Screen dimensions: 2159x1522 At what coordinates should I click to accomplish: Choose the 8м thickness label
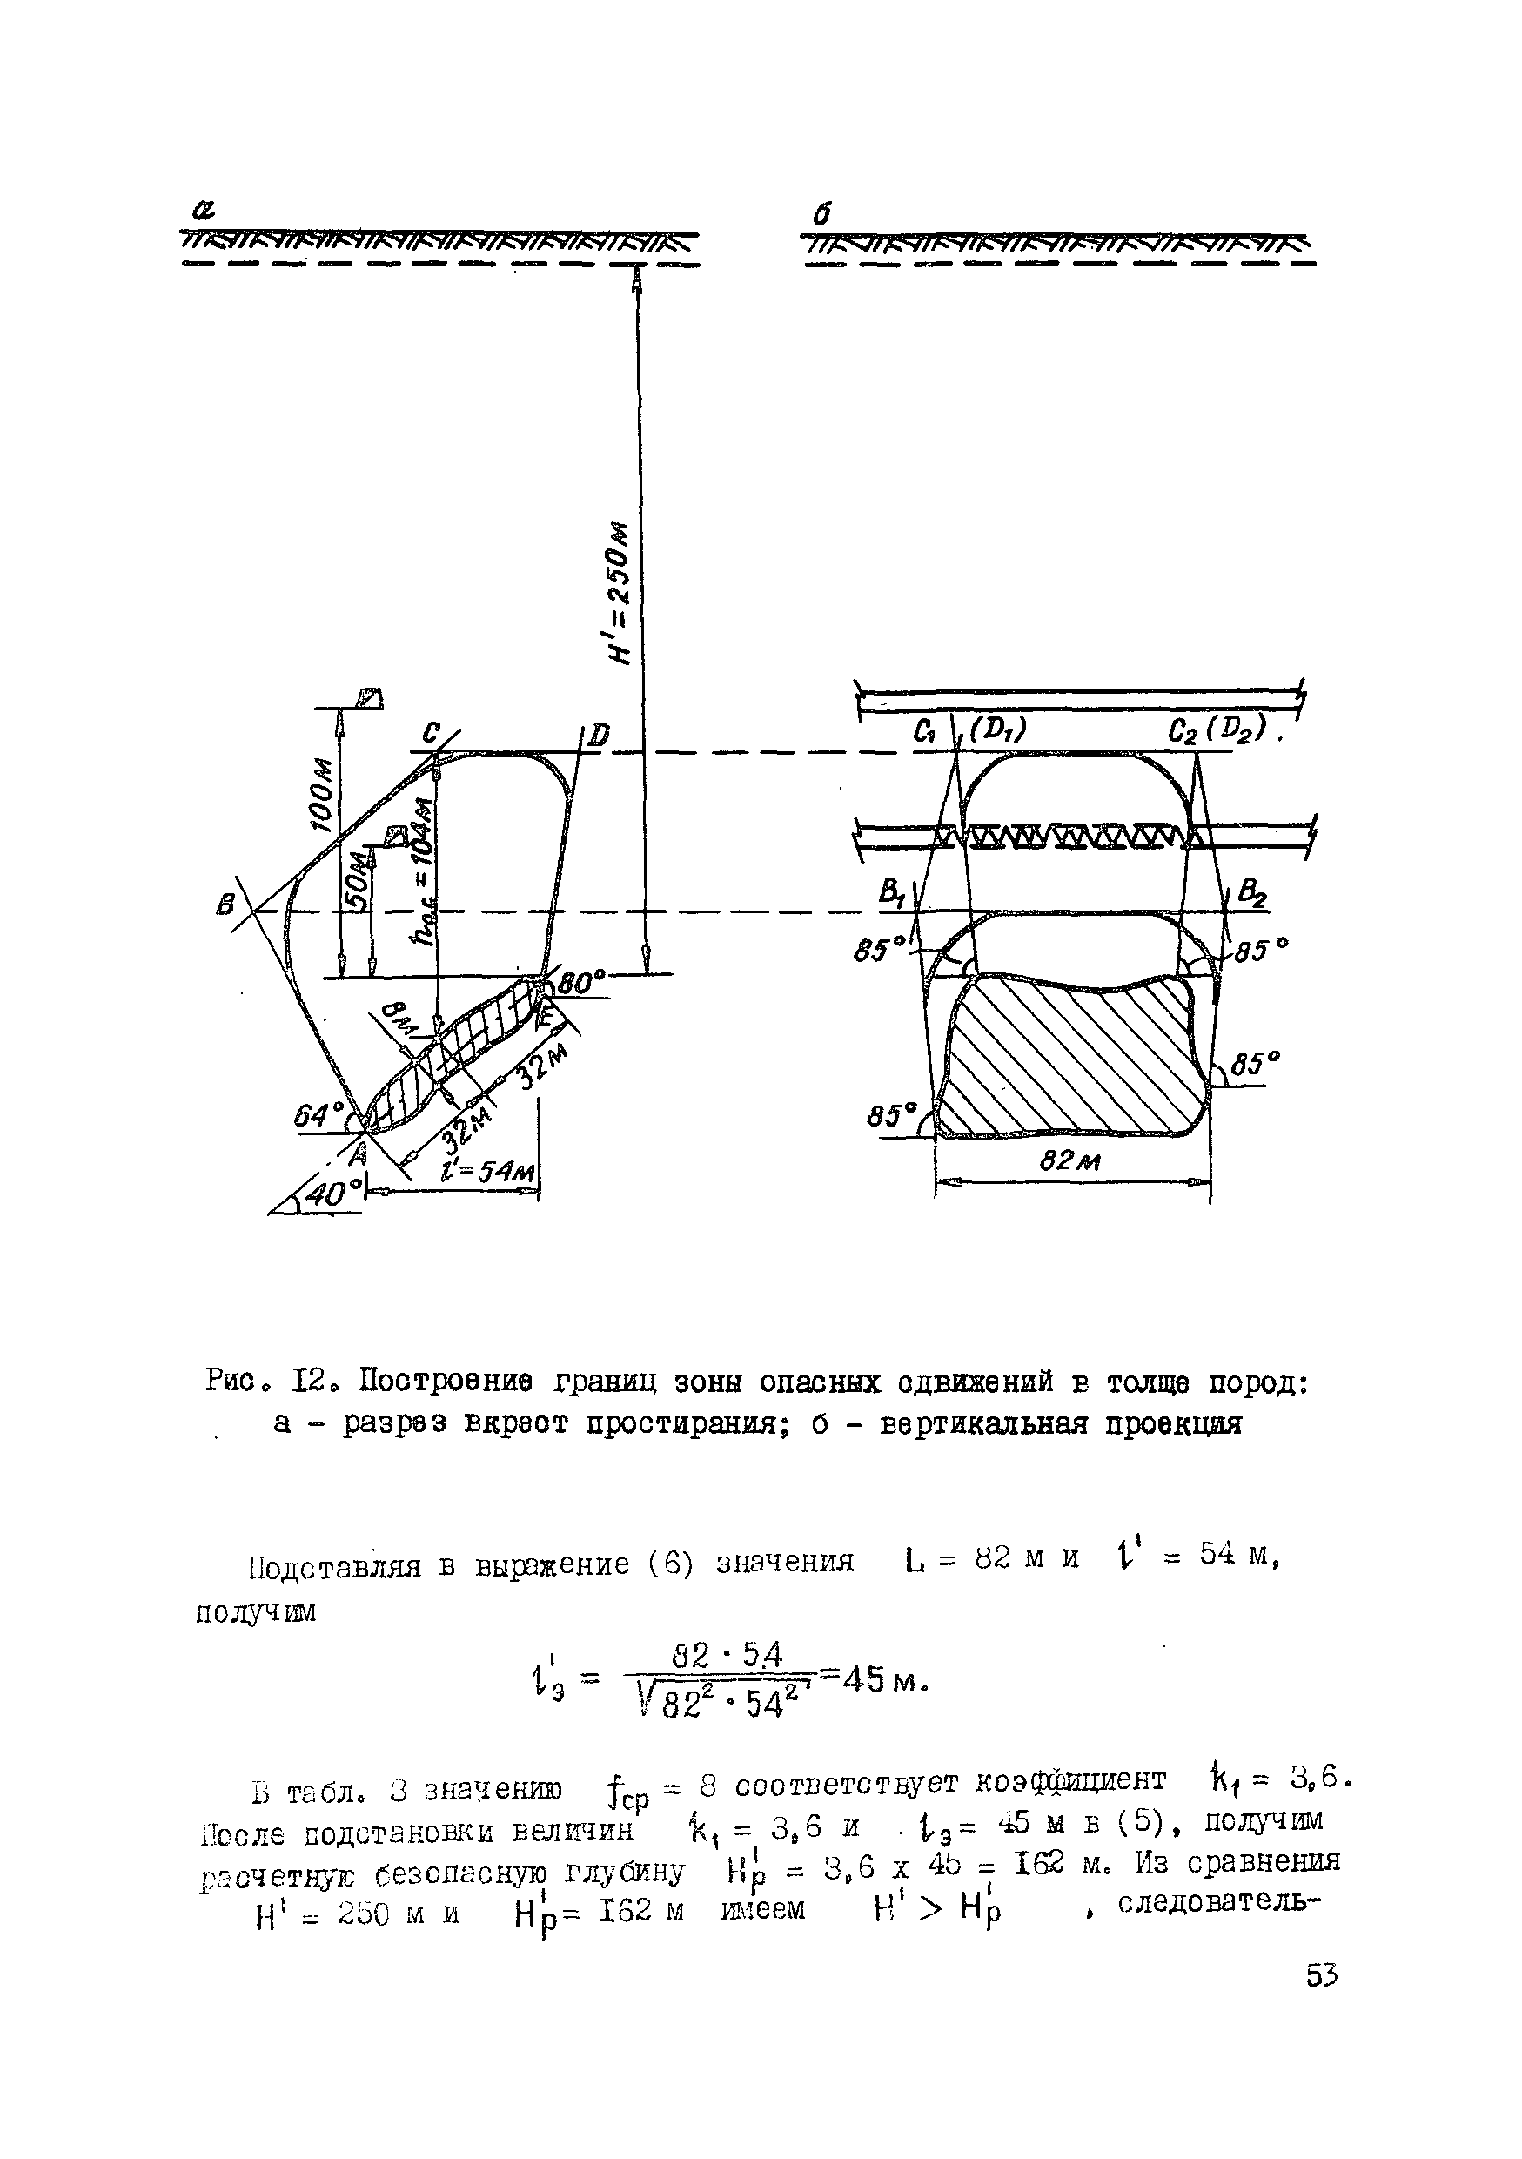point(398,1019)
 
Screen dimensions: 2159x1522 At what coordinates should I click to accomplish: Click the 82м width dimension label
point(1069,1162)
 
